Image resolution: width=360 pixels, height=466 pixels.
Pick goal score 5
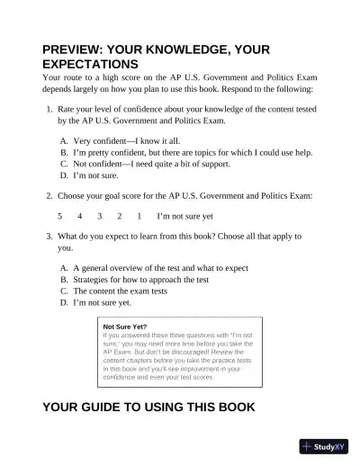(60, 216)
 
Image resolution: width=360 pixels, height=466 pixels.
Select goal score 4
(80, 216)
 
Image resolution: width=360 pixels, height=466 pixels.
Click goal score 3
(100, 216)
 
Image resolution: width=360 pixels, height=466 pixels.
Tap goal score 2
(120, 216)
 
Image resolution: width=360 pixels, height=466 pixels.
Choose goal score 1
(139, 216)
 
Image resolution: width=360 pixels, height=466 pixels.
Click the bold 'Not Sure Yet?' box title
(126, 327)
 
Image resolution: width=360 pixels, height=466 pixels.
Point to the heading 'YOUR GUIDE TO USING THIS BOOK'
(148, 407)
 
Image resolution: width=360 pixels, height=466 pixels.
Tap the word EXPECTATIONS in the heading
(90, 66)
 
